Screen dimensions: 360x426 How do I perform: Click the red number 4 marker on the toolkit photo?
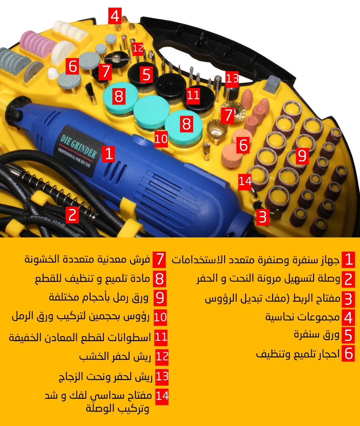(x=115, y=16)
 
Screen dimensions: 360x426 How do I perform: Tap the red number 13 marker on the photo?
(x=232, y=78)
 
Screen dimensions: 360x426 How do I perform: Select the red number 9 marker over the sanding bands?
(x=302, y=156)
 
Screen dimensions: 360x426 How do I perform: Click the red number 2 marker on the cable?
(x=72, y=215)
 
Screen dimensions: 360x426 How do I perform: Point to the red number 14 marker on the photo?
(x=245, y=181)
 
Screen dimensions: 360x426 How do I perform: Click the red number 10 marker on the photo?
(x=161, y=139)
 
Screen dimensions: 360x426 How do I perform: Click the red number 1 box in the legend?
(x=349, y=260)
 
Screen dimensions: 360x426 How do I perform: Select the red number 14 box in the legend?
(x=162, y=396)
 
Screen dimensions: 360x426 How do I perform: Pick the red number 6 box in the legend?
(x=348, y=353)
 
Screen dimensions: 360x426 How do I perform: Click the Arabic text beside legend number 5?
(x=316, y=334)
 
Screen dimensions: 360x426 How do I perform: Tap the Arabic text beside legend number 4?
(x=302, y=317)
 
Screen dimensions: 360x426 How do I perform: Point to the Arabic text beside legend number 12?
(x=115, y=356)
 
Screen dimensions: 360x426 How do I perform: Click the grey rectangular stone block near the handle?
(x=272, y=84)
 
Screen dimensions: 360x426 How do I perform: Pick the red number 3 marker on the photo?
(x=263, y=217)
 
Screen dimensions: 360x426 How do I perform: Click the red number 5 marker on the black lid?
(x=146, y=75)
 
